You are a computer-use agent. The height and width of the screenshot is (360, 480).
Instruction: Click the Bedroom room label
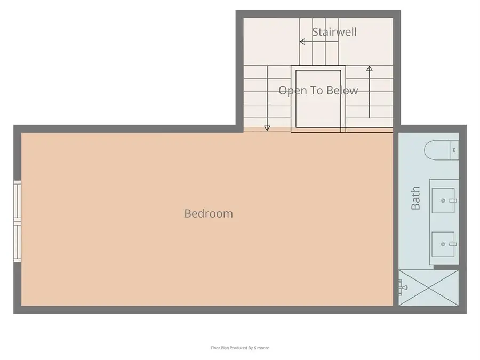click(209, 213)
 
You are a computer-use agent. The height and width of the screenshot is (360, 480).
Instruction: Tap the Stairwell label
click(334, 32)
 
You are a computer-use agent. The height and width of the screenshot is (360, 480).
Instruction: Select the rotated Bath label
click(415, 198)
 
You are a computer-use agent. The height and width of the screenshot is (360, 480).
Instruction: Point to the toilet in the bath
click(441, 150)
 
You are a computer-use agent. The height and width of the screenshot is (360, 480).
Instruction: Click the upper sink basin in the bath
click(443, 201)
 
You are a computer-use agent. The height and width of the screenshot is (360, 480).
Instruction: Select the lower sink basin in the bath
click(443, 244)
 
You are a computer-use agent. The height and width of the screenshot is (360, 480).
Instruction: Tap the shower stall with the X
click(428, 287)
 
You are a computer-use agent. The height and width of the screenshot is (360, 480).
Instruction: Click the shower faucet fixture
click(402, 287)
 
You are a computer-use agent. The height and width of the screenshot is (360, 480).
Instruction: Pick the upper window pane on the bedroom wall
click(17, 200)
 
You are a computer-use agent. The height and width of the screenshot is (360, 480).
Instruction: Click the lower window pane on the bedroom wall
click(17, 242)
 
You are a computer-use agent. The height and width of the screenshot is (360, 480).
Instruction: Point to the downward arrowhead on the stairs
click(267, 128)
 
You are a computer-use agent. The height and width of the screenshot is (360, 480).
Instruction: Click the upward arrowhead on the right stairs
click(370, 69)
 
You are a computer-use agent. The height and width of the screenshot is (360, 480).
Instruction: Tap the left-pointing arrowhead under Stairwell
click(302, 42)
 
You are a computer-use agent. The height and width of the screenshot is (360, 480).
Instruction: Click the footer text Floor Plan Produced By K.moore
click(240, 348)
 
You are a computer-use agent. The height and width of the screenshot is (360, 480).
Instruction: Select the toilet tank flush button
click(454, 150)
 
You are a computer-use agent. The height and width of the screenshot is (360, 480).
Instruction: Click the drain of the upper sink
click(443, 201)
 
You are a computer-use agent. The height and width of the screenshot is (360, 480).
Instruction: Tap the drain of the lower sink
click(443, 244)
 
